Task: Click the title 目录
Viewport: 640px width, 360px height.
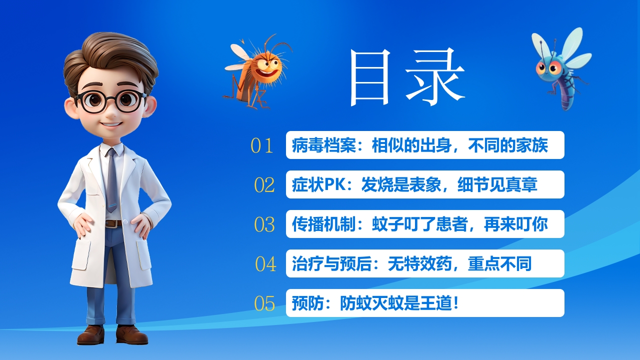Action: tap(406, 77)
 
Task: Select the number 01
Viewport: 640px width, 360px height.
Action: tap(262, 145)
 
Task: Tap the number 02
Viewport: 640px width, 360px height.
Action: tap(264, 185)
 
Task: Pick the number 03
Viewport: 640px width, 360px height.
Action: tap(264, 224)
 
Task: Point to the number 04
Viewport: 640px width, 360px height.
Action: tap(265, 264)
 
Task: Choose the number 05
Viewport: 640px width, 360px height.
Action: tap(264, 303)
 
